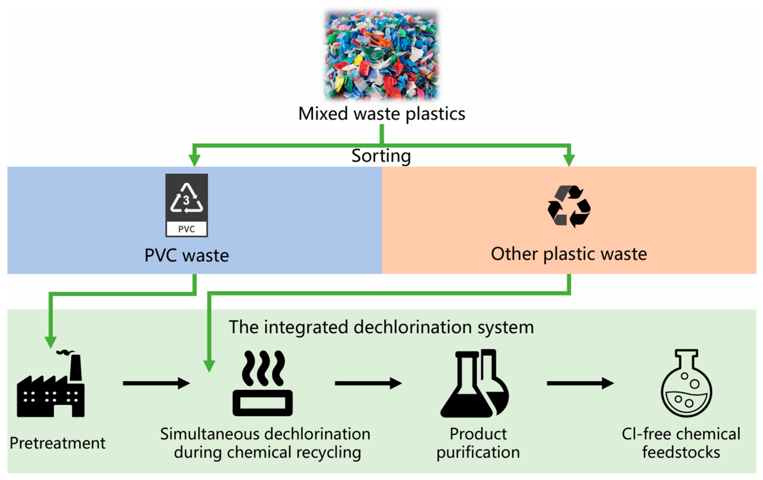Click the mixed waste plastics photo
[381, 55]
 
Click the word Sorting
[381, 156]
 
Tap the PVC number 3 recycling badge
[187, 205]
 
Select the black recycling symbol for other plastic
[569, 206]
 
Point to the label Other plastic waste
[569, 254]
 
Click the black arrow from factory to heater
[156, 383]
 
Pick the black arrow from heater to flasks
[368, 383]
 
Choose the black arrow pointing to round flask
[580, 383]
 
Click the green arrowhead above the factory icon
[51, 342]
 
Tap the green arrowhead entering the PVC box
[194, 160]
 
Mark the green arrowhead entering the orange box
[569, 160]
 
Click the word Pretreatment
[57, 443]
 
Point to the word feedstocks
[681, 452]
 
